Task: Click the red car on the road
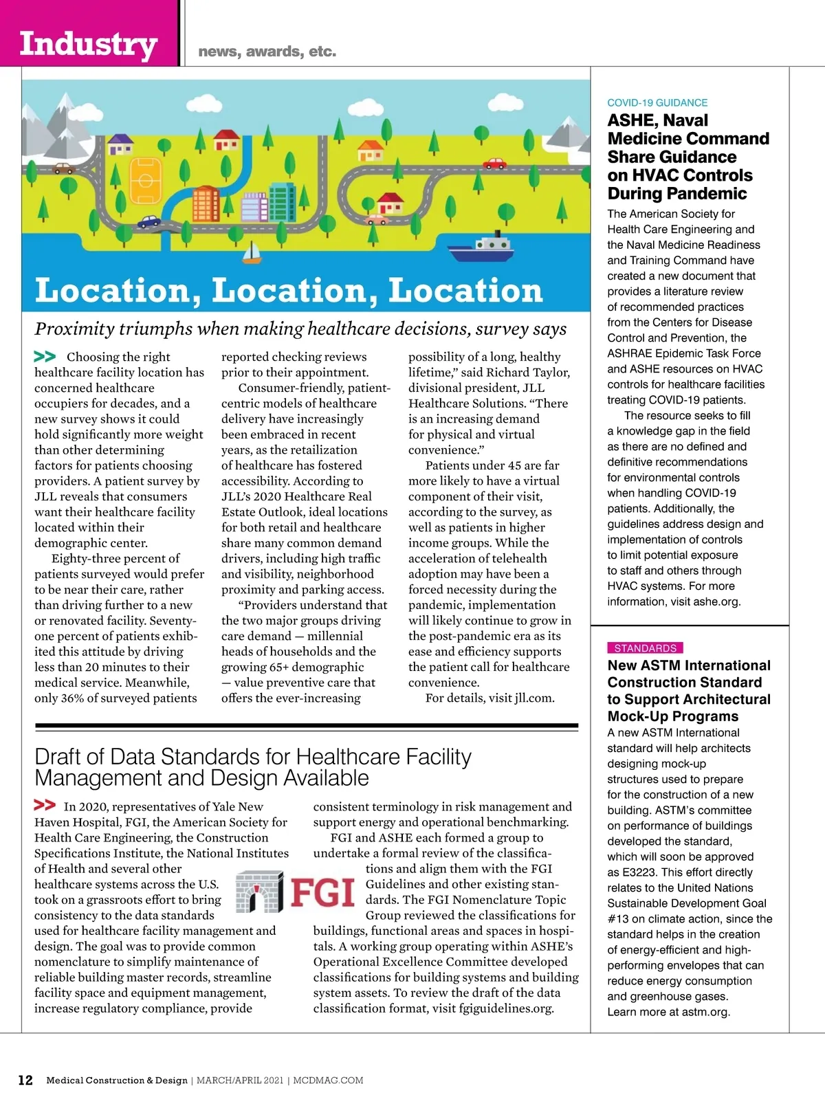click(x=494, y=164)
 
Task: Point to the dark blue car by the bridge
click(x=149, y=221)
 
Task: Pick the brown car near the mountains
click(x=63, y=168)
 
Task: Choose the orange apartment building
click(x=206, y=203)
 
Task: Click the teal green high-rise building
click(x=283, y=202)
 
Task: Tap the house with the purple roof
click(x=121, y=144)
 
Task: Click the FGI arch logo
click(x=259, y=892)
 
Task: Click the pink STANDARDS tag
click(x=645, y=648)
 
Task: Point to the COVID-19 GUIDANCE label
click(x=657, y=102)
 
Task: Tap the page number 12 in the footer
click(x=25, y=1080)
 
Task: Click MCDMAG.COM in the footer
click(x=328, y=1080)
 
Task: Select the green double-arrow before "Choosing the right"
click(x=45, y=356)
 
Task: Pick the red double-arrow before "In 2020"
click(x=45, y=805)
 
